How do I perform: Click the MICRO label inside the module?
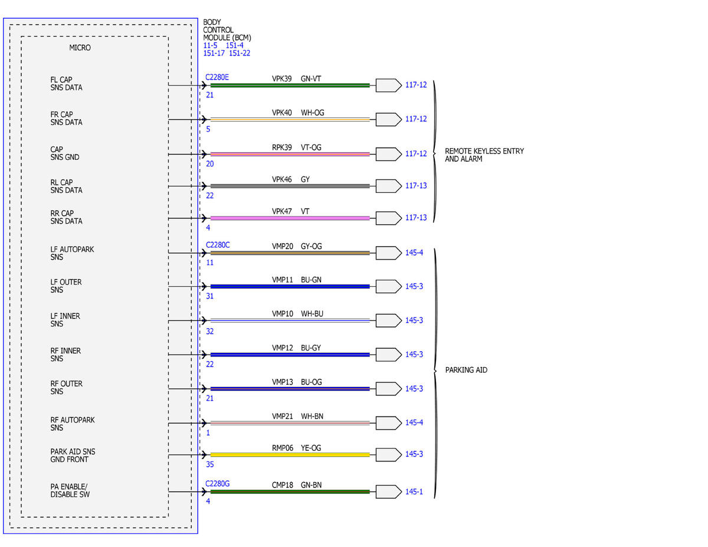(x=80, y=48)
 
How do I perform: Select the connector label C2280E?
(x=217, y=77)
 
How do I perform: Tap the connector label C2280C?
(x=218, y=245)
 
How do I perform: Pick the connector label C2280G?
(x=217, y=484)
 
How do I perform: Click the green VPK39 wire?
(x=290, y=86)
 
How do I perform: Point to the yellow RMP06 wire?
(x=290, y=455)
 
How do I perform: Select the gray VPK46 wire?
(x=290, y=186)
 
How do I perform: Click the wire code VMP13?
(x=283, y=382)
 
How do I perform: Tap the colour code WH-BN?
(x=312, y=417)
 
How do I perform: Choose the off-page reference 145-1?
(x=414, y=492)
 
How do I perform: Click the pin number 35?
(x=210, y=464)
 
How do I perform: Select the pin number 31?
(x=210, y=296)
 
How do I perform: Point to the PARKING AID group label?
(x=466, y=370)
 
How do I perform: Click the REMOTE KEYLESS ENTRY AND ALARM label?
(x=484, y=155)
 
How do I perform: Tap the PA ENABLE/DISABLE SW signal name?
(x=70, y=490)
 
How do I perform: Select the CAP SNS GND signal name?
(x=64, y=153)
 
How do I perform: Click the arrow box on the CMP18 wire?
(x=388, y=492)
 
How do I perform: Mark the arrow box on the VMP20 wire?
(x=388, y=253)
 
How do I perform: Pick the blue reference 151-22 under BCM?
(x=240, y=53)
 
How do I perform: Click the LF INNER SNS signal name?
(x=65, y=320)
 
